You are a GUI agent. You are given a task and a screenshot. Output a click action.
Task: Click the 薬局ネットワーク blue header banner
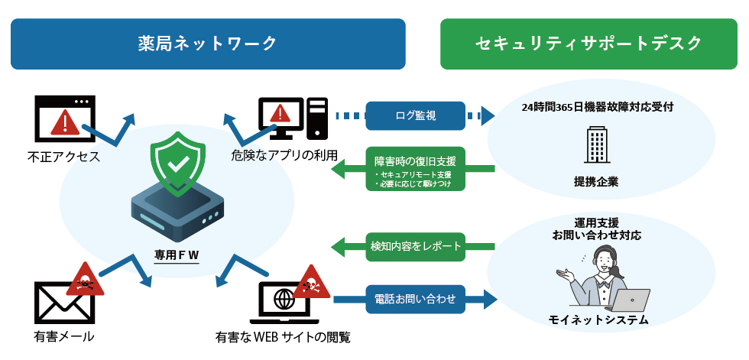point(207,44)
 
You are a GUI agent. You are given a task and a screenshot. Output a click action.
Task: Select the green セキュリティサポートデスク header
point(588,44)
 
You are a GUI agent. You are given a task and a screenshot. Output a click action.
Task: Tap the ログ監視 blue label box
point(415,116)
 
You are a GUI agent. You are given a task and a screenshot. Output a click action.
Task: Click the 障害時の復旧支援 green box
point(415,169)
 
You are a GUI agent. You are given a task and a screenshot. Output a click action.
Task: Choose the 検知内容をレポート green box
point(415,246)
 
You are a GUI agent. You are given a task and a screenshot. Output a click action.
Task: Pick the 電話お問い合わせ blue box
point(415,299)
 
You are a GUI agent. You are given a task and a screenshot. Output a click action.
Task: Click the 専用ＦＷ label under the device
point(177,254)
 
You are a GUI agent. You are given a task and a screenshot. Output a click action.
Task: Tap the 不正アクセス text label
point(64,158)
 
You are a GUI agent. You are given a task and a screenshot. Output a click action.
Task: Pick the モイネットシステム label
point(598,320)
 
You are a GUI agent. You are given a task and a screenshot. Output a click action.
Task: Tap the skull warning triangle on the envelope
point(84,280)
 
